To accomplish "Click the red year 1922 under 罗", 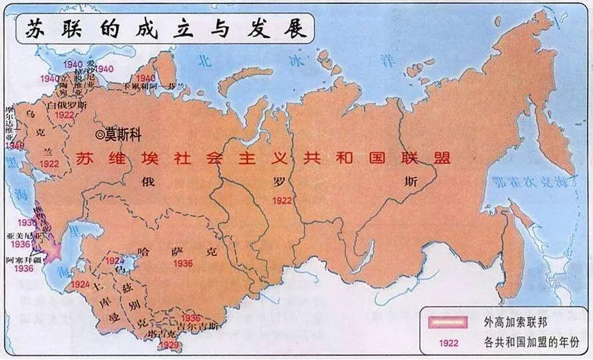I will [x=282, y=199].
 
